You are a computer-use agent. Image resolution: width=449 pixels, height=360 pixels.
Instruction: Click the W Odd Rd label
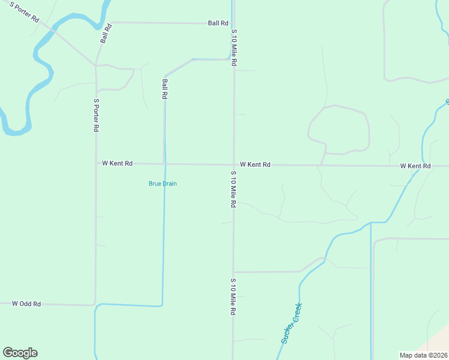point(26,304)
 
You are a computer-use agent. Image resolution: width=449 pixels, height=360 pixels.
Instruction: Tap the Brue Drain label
point(163,184)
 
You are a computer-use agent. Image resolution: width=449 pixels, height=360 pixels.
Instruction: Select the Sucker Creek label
point(292,323)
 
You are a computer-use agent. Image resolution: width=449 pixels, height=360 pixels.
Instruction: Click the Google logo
point(20,353)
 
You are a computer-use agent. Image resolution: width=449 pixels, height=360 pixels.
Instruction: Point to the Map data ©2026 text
point(423,355)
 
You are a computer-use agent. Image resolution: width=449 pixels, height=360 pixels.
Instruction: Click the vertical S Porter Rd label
point(96,115)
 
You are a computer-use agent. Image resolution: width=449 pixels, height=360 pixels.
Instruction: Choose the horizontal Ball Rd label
point(218,23)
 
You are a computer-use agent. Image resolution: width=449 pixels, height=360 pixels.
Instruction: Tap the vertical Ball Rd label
point(164,88)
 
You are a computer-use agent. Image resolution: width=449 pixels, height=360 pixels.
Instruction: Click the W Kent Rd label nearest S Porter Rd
point(117,163)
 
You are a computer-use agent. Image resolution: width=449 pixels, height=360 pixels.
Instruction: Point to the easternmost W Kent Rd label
point(415,166)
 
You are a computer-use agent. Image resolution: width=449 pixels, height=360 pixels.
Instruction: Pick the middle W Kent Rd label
point(255,164)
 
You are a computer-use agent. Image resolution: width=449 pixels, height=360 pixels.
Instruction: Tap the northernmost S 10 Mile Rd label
point(234,47)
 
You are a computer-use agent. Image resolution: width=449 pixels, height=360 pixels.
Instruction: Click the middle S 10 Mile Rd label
point(233,189)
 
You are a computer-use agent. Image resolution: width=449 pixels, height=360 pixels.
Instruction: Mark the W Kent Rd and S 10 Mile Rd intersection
point(234,164)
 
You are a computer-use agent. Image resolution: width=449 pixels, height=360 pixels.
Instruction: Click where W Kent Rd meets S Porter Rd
point(96,163)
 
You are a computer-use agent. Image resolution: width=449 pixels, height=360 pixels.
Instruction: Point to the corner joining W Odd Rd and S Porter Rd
point(95,305)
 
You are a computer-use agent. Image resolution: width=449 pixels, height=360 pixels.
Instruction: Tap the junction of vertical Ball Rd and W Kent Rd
point(164,164)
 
